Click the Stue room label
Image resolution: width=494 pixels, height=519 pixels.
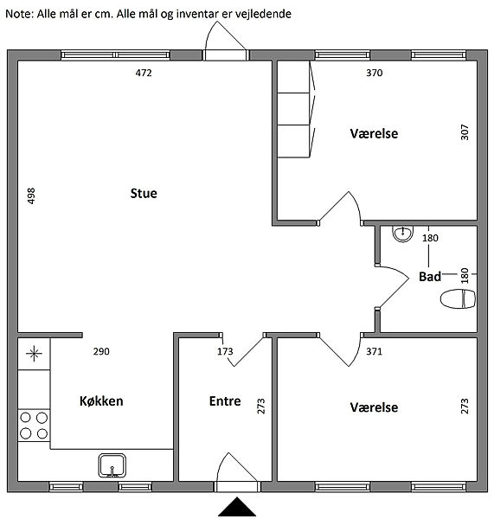144,193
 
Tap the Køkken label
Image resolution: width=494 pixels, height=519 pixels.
101,401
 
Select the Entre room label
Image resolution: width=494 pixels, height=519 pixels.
225,401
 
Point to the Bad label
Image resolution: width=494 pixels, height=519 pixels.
430,277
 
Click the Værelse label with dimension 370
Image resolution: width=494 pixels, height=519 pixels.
374,134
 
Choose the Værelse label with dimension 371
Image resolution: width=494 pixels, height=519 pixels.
374,407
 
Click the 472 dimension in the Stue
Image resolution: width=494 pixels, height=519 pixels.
144,73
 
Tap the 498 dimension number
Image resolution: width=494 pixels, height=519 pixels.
31,196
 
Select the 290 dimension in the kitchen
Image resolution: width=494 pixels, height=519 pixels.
101,351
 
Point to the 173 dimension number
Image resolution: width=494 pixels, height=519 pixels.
225,351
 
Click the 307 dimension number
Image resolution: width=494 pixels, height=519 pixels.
465,132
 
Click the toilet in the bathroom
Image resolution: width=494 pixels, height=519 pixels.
458,299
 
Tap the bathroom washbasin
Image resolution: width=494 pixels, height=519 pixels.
402,234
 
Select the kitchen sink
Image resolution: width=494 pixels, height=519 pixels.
112,465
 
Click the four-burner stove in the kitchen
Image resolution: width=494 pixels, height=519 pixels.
34,426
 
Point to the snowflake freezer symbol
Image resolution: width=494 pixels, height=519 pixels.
34,354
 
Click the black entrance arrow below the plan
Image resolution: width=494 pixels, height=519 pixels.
237,506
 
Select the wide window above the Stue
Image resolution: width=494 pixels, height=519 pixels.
116,55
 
